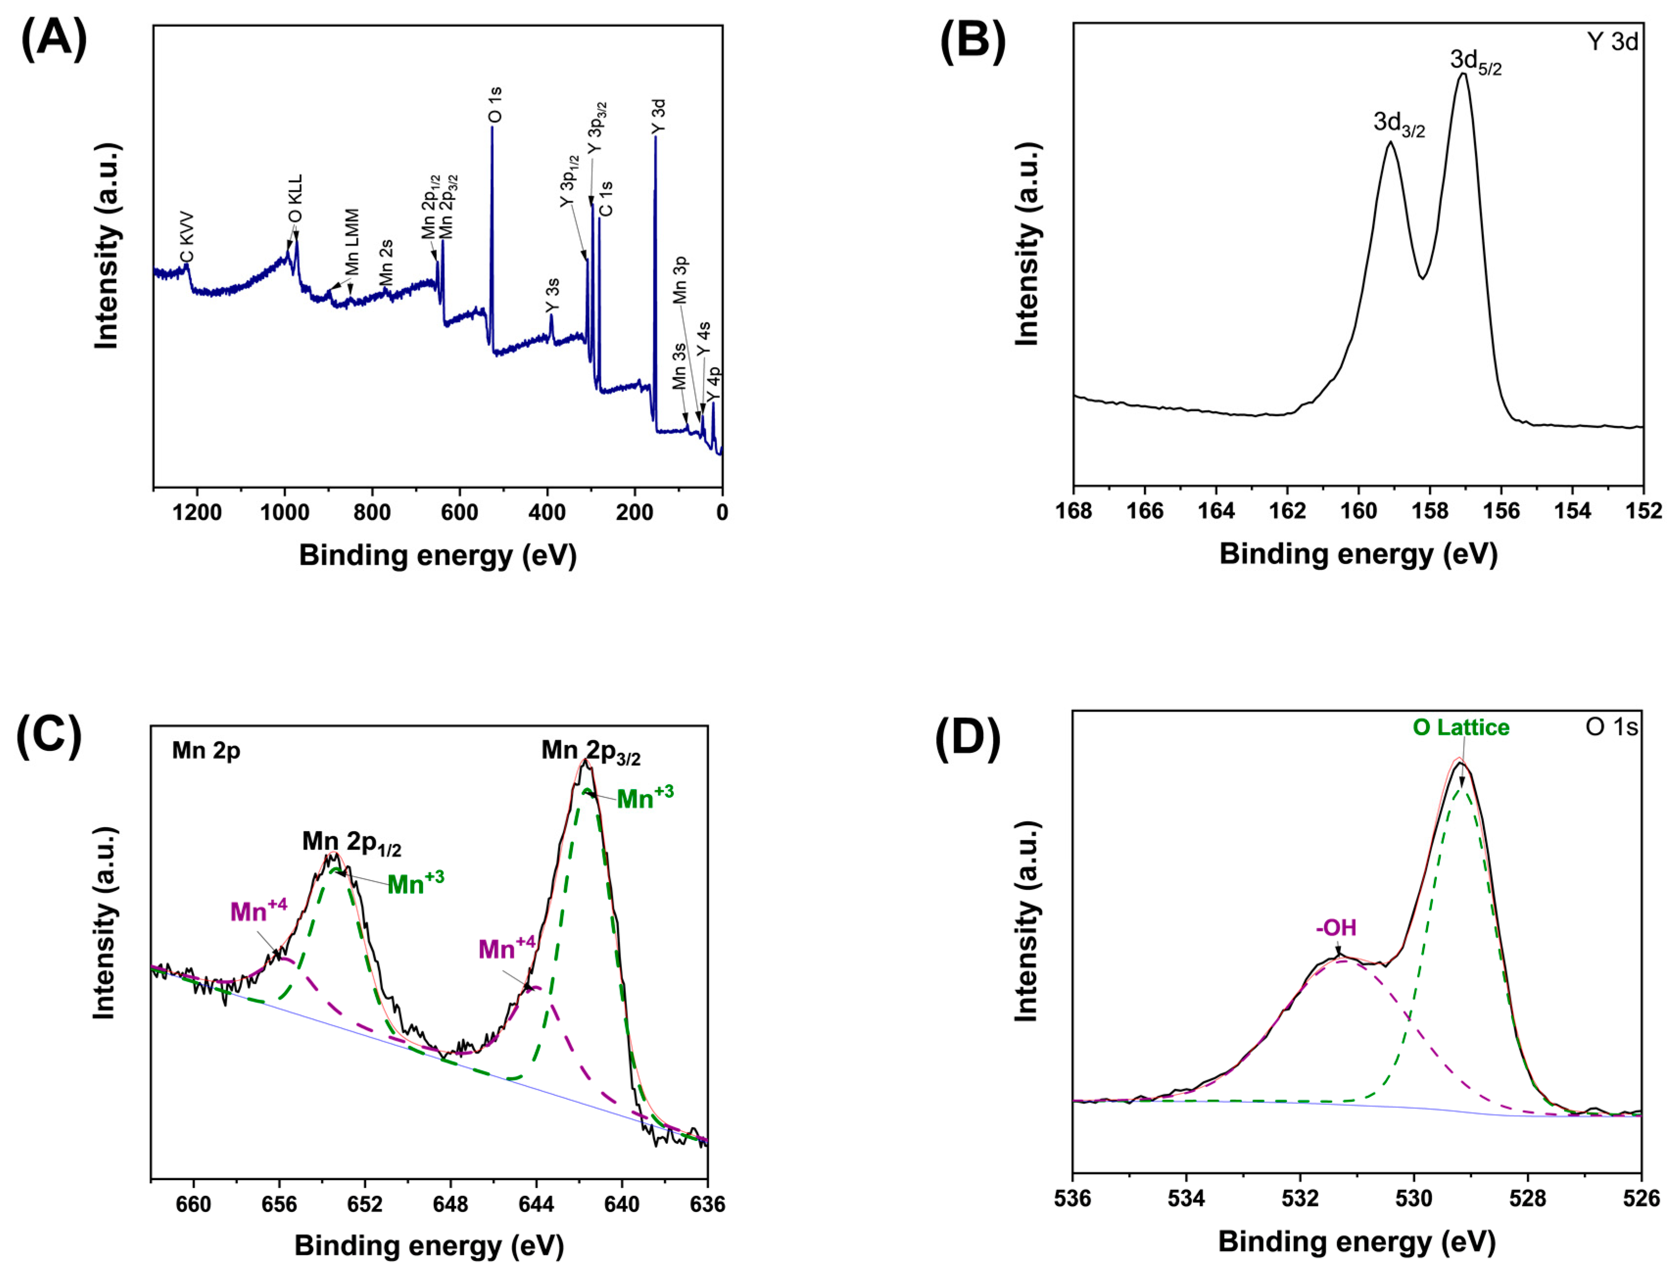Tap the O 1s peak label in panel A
point(495,105)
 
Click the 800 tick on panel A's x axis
point(372,513)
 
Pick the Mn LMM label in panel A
point(352,242)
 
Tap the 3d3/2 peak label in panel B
point(1399,124)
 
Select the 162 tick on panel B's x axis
point(1288,511)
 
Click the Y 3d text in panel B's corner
point(1612,42)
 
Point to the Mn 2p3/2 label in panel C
point(591,752)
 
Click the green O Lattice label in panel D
point(1460,727)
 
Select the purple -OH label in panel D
point(1336,928)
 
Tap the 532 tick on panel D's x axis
point(1300,1199)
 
